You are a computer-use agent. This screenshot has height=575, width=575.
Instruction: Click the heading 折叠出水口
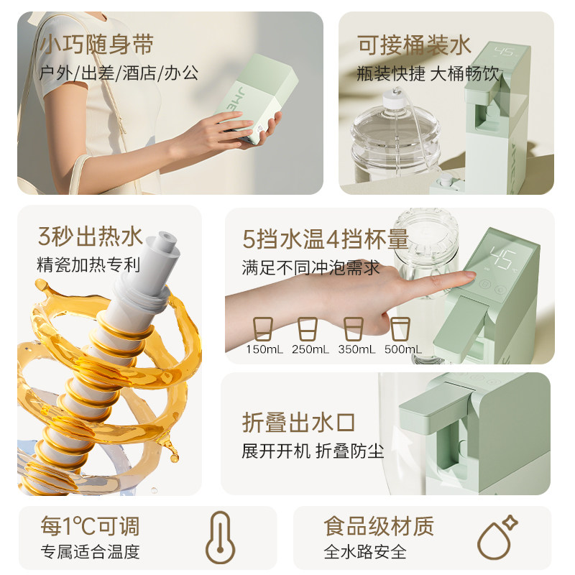(x=298, y=423)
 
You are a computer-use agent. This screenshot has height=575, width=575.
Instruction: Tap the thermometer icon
(x=220, y=538)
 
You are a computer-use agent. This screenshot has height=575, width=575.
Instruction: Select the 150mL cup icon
(x=263, y=329)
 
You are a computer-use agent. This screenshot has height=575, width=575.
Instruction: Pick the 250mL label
(x=308, y=349)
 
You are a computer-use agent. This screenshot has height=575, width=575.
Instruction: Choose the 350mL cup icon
(x=353, y=329)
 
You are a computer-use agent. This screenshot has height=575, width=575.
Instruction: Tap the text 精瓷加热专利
(x=88, y=264)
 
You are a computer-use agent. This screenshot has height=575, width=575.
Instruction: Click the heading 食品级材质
(x=379, y=526)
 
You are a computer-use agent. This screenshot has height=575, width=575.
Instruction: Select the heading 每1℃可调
(x=90, y=526)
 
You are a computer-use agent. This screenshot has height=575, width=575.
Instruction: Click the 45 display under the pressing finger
(x=501, y=255)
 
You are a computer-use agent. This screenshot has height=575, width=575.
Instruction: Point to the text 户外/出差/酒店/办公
(x=119, y=73)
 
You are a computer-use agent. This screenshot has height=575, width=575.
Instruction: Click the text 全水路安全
(x=364, y=552)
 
